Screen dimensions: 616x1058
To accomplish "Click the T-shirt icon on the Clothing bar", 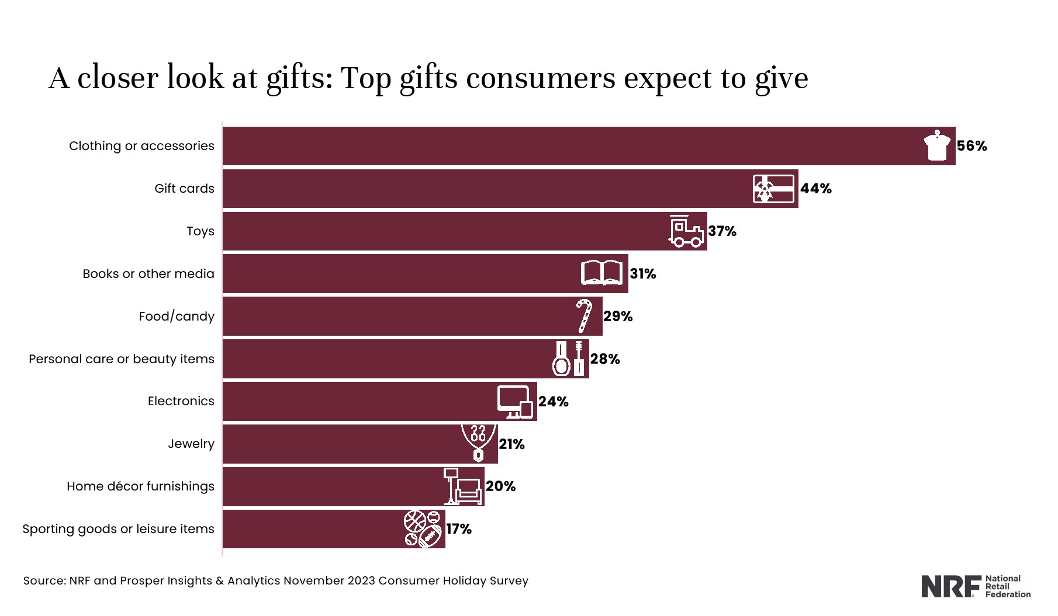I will [x=937, y=146].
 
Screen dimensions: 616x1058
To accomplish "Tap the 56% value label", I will [x=971, y=146].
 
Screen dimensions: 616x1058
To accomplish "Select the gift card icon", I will [x=773, y=189].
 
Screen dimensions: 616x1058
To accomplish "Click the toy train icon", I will [x=686, y=231].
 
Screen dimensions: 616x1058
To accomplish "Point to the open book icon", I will [x=601, y=273].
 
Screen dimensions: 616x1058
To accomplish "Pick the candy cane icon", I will [x=584, y=316].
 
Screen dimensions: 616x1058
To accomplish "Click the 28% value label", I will [x=605, y=359].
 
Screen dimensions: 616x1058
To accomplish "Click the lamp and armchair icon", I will [x=462, y=486].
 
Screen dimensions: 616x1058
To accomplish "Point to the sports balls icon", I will [x=423, y=529].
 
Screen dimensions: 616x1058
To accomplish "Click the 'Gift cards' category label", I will [x=184, y=189].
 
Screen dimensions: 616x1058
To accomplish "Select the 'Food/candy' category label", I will [x=177, y=316].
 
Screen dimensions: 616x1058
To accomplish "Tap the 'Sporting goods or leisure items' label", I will [x=119, y=529].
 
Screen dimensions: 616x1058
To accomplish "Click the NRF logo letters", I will [x=951, y=587].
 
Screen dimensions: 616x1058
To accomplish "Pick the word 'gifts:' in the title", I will [x=299, y=78].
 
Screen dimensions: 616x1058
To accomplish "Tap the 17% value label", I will [x=459, y=529].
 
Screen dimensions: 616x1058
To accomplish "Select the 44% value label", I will [x=815, y=189].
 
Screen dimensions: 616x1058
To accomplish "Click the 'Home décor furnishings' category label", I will [x=140, y=486].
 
